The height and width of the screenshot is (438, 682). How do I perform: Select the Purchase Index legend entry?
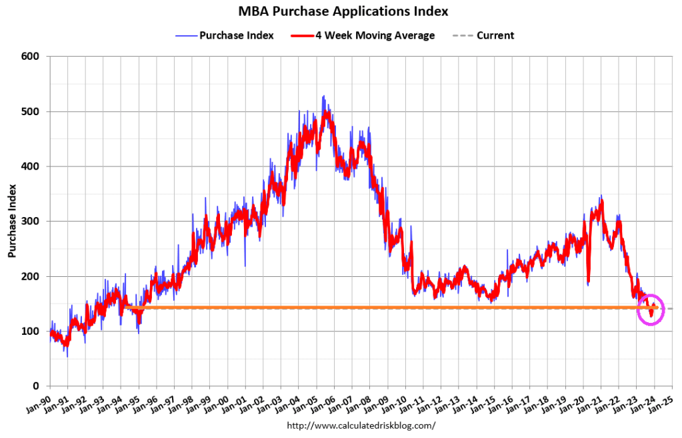pos(236,35)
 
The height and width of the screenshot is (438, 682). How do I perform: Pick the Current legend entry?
pos(495,35)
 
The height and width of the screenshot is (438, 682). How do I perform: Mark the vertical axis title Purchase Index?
pos(12,221)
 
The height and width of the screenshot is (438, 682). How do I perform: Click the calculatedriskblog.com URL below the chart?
pos(360,425)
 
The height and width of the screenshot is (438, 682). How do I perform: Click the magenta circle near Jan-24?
pos(651,310)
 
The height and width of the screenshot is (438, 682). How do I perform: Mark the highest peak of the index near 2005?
pos(323,97)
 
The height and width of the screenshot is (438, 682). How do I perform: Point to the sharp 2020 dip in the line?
pos(588,282)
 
